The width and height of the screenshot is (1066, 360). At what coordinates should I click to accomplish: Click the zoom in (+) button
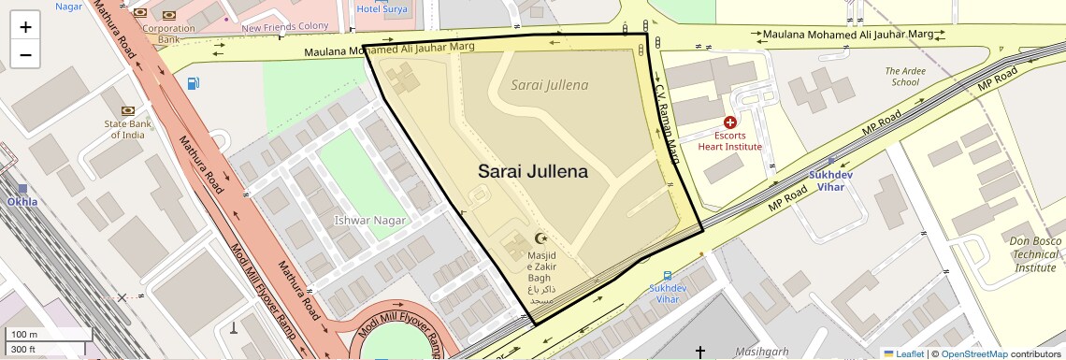pyautogui.click(x=25, y=27)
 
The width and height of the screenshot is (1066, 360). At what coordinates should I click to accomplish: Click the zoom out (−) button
pyautogui.click(x=25, y=54)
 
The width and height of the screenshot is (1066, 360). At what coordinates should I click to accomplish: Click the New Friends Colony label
pyautogui.click(x=285, y=28)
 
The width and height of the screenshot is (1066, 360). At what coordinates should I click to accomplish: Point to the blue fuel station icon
pyautogui.click(x=193, y=83)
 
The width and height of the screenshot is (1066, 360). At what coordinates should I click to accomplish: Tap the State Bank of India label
pyautogui.click(x=130, y=128)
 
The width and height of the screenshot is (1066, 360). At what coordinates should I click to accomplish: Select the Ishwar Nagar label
pyautogui.click(x=370, y=221)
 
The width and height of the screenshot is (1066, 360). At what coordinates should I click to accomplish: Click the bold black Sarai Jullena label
pyautogui.click(x=532, y=172)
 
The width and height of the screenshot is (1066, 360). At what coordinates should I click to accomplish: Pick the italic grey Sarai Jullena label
pyautogui.click(x=550, y=85)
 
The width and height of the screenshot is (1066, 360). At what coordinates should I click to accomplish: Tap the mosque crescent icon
pyautogui.click(x=540, y=238)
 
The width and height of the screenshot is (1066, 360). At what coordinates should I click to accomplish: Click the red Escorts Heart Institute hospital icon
pyautogui.click(x=730, y=122)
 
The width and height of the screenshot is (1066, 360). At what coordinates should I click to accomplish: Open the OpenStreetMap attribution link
pyautogui.click(x=973, y=353)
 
